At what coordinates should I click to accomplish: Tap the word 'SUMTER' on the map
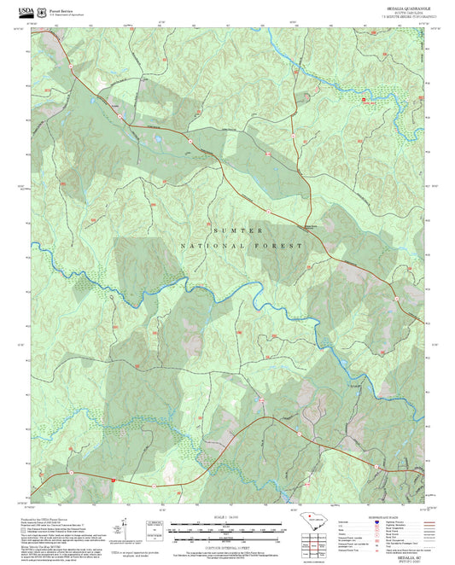[x=236, y=230]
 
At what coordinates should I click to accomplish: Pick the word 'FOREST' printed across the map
[x=286, y=246]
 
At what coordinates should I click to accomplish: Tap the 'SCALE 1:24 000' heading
[x=227, y=516]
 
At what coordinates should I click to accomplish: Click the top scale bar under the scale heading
[x=227, y=522]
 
